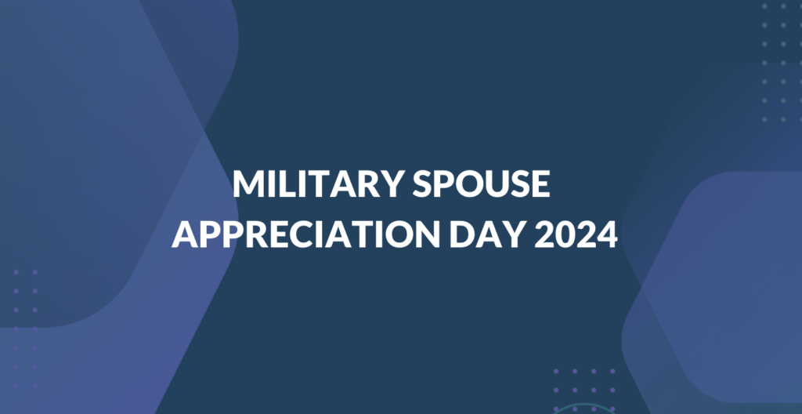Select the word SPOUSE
click(x=482, y=184)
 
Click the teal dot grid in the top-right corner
click(x=782, y=63)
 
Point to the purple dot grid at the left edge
click(x=26, y=329)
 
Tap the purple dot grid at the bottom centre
click(x=584, y=390)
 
